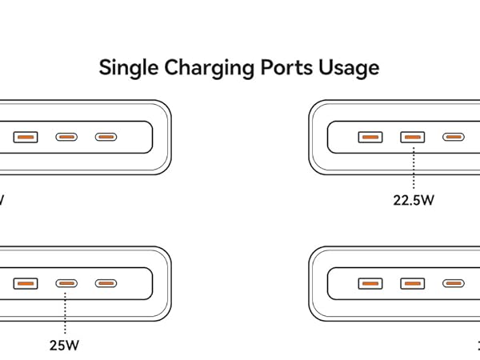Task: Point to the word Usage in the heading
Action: point(349,68)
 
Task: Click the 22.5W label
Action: point(413,201)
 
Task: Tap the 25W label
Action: point(65,346)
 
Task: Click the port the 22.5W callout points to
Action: point(413,137)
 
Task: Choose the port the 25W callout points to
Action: point(66,283)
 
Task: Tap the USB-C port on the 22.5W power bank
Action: point(454,137)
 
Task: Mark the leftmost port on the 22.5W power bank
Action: point(370,137)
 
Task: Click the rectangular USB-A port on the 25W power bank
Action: point(25,283)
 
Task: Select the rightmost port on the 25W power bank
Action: point(106,283)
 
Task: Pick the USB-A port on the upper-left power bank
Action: point(25,137)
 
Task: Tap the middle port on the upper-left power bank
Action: point(66,137)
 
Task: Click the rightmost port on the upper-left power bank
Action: point(106,137)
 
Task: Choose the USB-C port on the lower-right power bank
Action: point(454,283)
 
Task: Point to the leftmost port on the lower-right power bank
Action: point(370,283)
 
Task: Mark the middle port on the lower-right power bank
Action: point(413,283)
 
